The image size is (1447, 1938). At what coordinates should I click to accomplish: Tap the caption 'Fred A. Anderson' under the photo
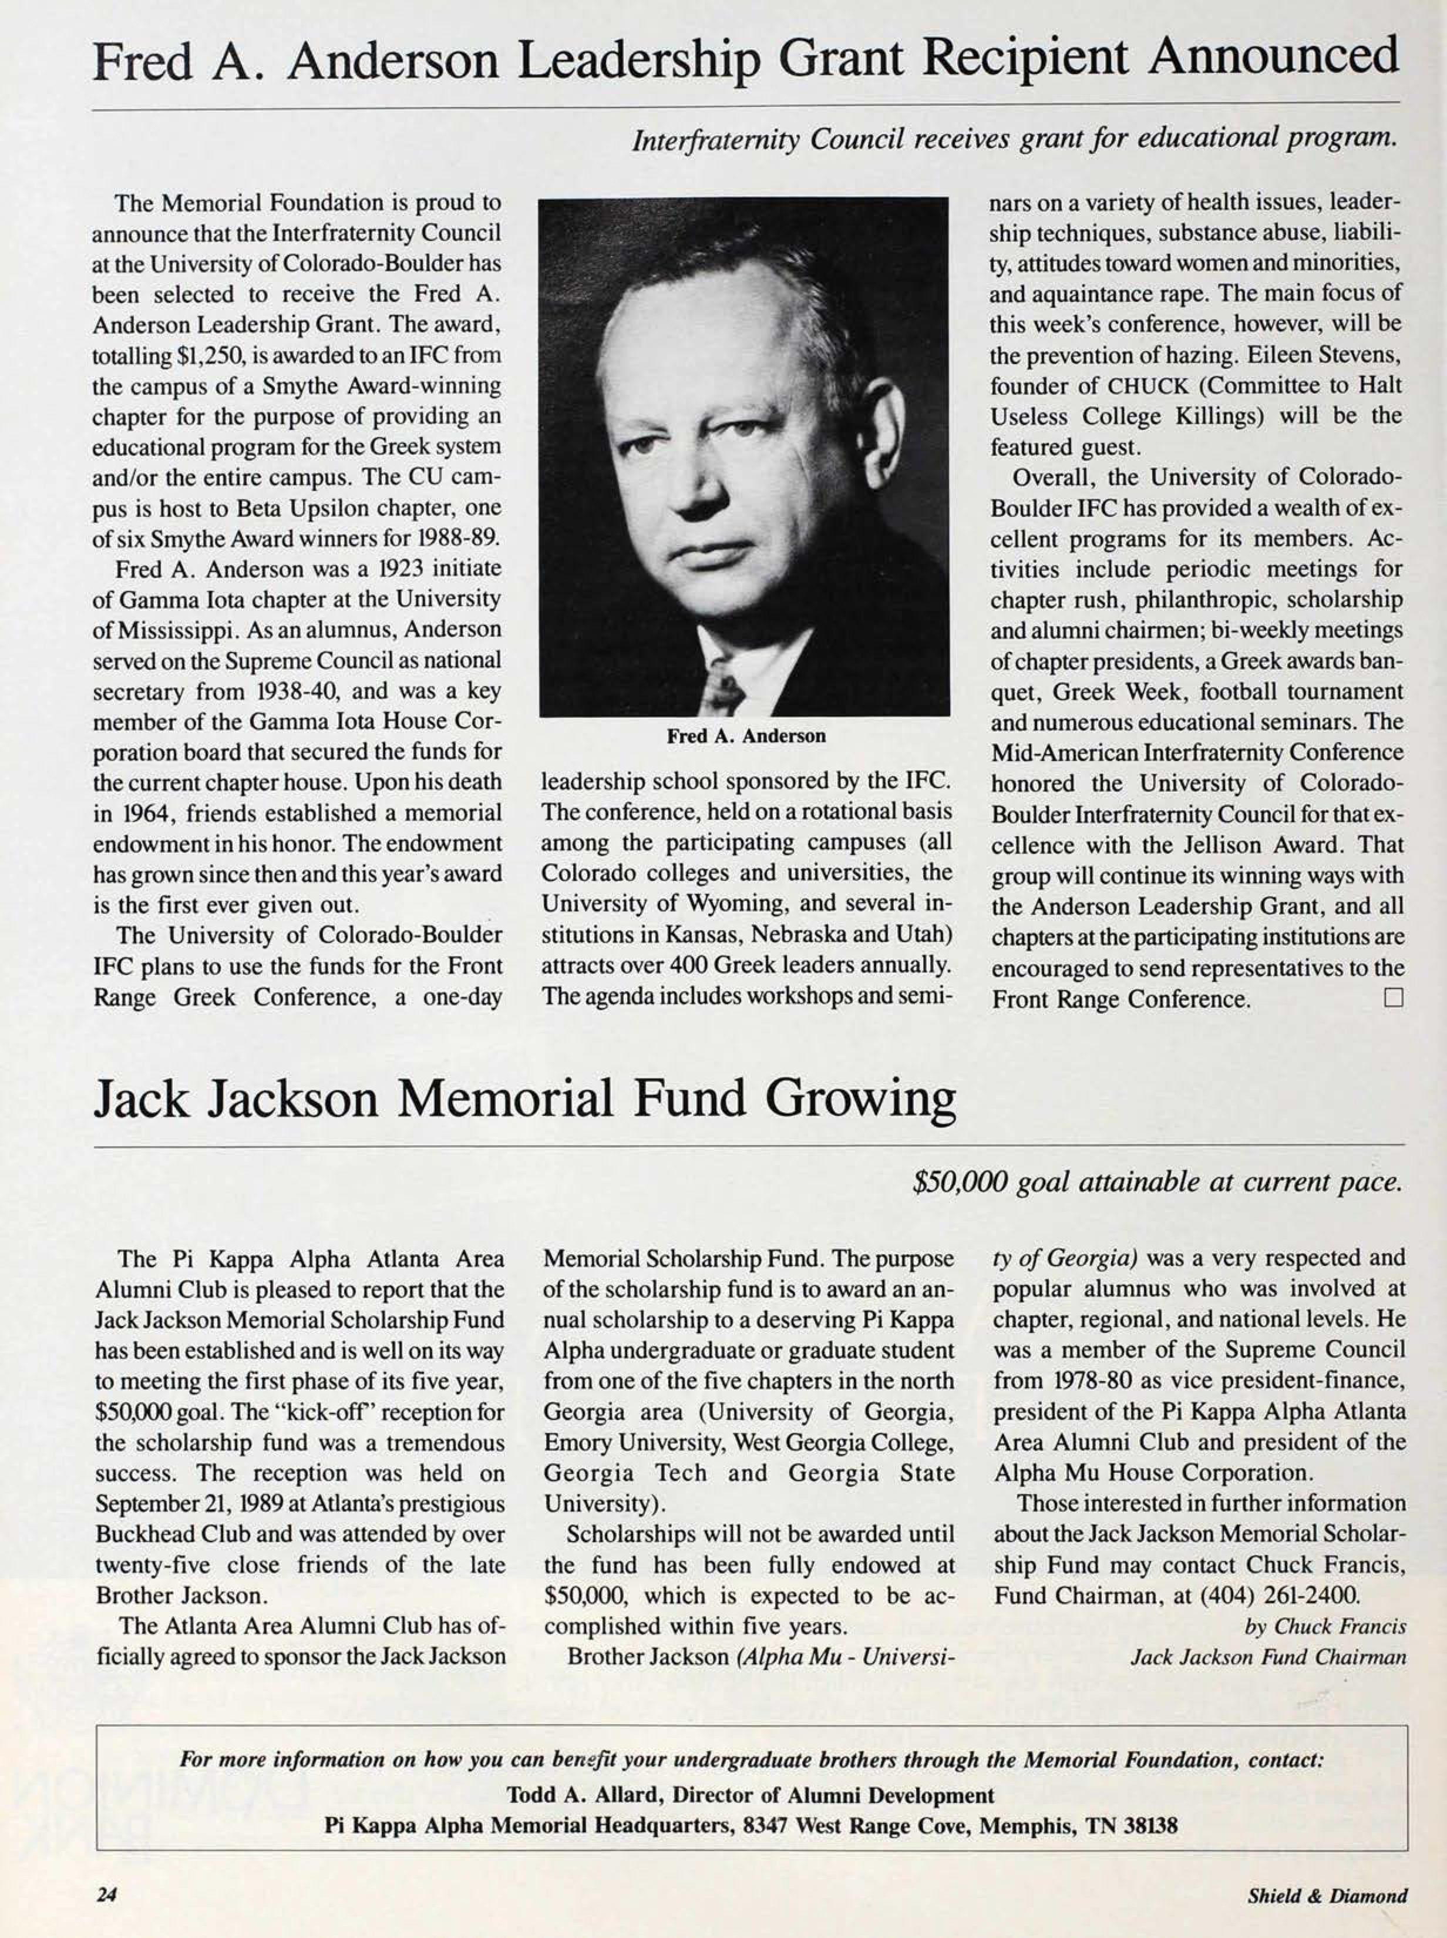coord(745,736)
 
